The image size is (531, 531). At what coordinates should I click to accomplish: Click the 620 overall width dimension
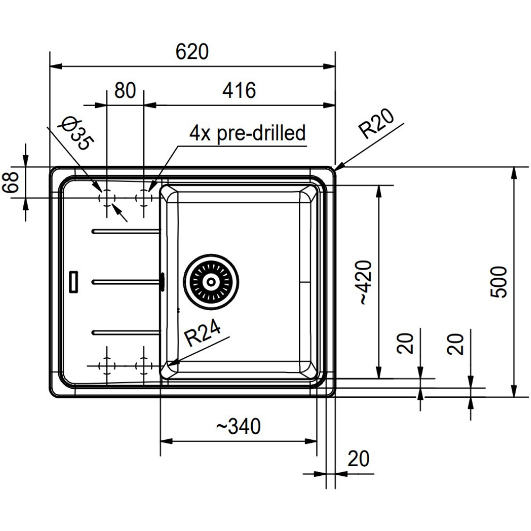(192, 52)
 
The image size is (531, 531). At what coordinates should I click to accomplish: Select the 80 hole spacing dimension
(125, 90)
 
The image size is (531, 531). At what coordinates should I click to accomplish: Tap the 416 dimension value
(239, 90)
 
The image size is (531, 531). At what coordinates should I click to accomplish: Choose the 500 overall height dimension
(499, 282)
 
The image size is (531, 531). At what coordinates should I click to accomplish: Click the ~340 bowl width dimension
(238, 426)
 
